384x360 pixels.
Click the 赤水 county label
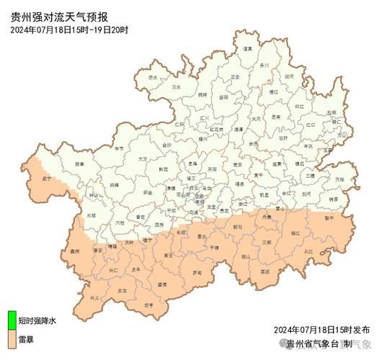[153, 77]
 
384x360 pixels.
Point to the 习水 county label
[177, 86]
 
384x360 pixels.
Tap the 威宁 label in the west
[48, 177]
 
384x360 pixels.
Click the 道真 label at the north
[248, 48]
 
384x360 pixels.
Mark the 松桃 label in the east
[331, 113]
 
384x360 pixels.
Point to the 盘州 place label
[74, 251]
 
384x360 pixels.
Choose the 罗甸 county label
[196, 272]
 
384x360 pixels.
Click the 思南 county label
[277, 117]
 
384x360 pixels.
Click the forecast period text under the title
[69, 30]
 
